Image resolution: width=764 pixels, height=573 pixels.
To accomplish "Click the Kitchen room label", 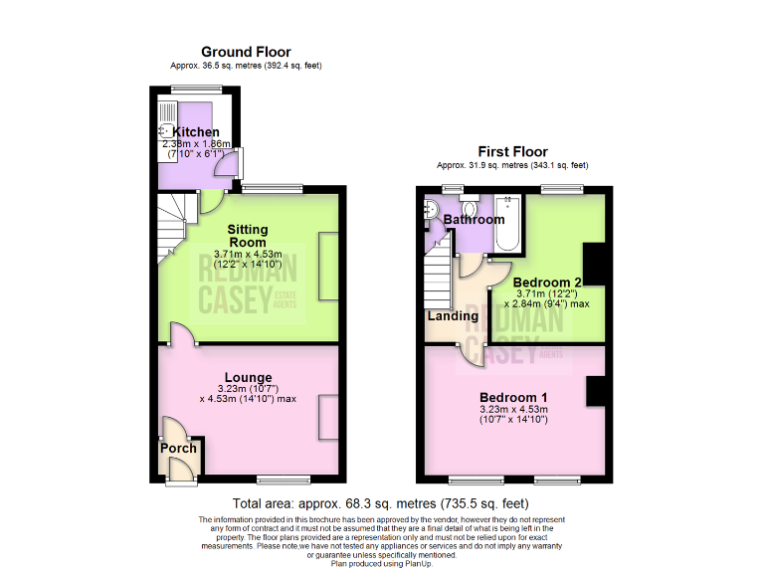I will [196, 131].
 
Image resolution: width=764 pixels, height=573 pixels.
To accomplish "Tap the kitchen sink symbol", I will [165, 131].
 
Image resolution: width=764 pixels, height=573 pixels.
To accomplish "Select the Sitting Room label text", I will [247, 236].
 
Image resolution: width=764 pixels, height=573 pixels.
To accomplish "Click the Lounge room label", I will [248, 377].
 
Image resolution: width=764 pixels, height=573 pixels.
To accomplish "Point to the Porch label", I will [179, 448].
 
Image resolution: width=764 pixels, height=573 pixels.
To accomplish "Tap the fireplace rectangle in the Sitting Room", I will [328, 266].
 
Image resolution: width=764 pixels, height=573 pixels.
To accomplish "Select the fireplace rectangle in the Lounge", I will [328, 417].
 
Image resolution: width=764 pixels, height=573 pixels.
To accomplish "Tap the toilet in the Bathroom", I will [430, 210].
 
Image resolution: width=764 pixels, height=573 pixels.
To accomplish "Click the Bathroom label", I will [475, 219].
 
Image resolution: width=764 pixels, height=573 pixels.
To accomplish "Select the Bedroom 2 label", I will [545, 283].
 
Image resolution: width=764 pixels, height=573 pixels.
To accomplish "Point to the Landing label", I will [452, 316].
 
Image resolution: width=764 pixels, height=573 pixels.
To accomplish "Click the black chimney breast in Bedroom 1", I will [596, 391].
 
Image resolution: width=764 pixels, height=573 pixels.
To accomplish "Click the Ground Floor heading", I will [246, 52].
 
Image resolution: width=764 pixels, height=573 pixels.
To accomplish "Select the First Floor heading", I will [512, 150].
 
